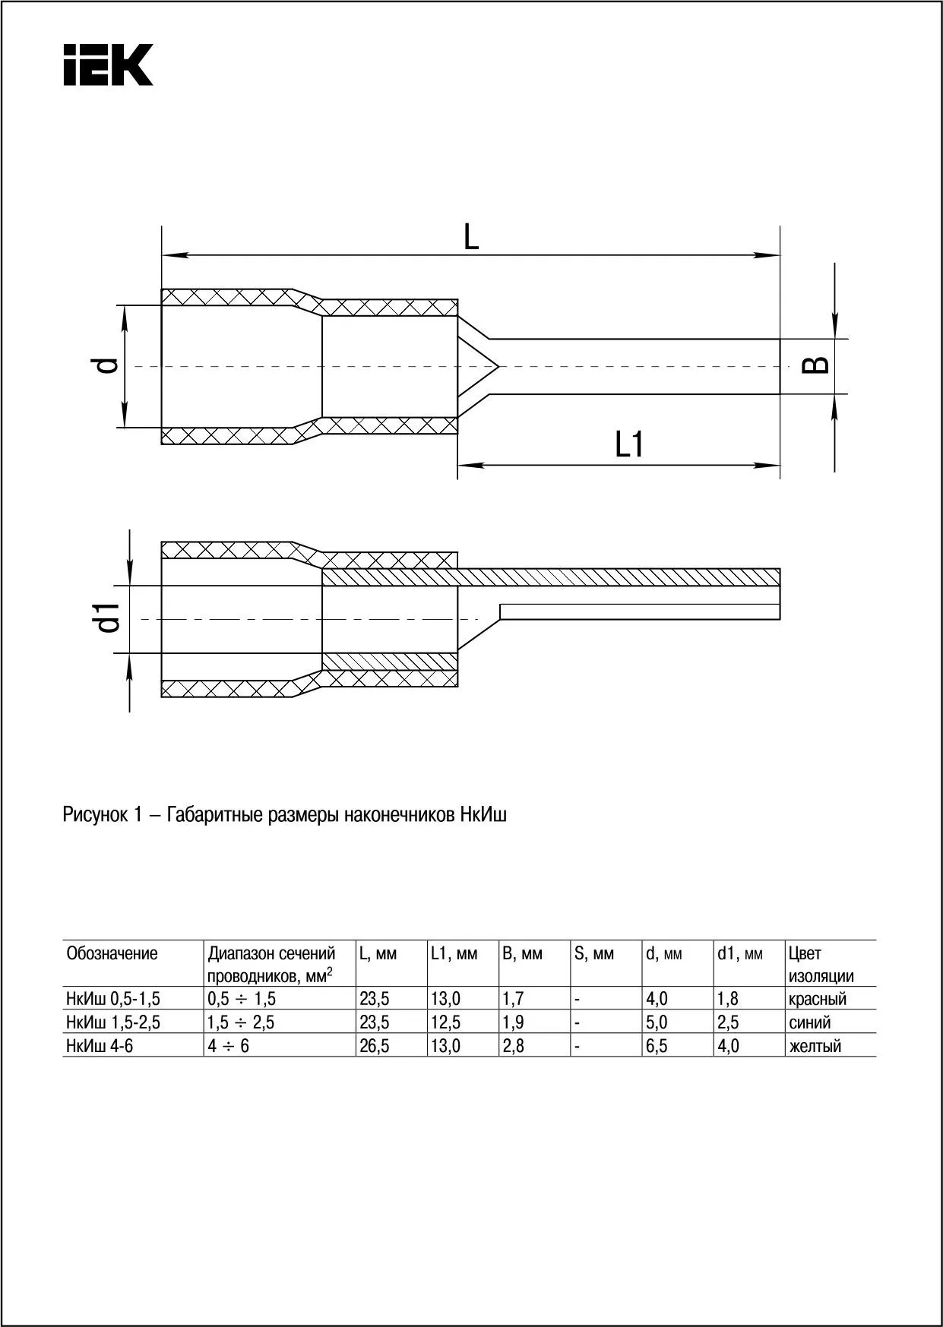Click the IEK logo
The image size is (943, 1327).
click(108, 65)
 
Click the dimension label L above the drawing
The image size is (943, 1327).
click(471, 238)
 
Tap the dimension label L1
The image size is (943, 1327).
click(629, 445)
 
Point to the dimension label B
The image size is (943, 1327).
click(816, 365)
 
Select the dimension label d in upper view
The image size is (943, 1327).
click(109, 365)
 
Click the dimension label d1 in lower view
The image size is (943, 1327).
click(109, 618)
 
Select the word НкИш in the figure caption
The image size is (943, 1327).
click(483, 815)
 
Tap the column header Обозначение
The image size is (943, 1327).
click(112, 953)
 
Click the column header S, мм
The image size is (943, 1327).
click(593, 953)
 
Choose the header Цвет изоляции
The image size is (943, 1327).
click(820, 965)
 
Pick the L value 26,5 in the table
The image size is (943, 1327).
click(374, 1046)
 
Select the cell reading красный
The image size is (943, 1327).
click(817, 999)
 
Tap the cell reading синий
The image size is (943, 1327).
click(809, 1022)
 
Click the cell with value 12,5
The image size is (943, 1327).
click(445, 1022)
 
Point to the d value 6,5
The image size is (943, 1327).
click(657, 1046)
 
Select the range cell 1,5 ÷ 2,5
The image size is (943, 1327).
click(241, 1022)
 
